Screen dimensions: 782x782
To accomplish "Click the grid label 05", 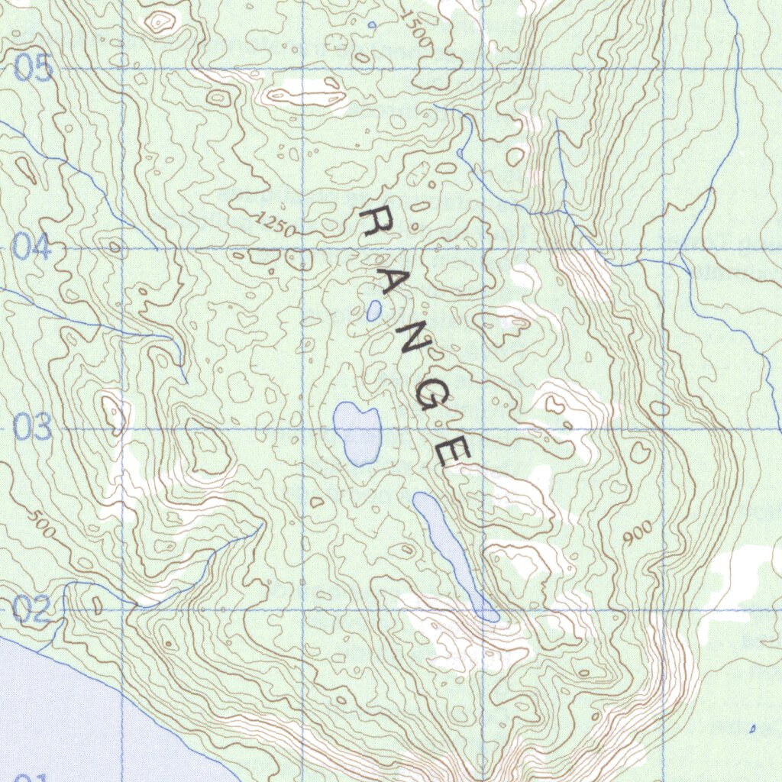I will (x=34, y=69).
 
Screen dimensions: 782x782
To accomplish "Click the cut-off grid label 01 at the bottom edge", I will (x=31, y=777).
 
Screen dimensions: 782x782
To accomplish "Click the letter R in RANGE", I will (x=376, y=222).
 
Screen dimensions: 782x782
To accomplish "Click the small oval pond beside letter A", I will (x=374, y=310).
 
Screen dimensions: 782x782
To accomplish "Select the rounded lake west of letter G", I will (x=356, y=431).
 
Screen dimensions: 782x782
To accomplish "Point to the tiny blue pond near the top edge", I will (x=372, y=25).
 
